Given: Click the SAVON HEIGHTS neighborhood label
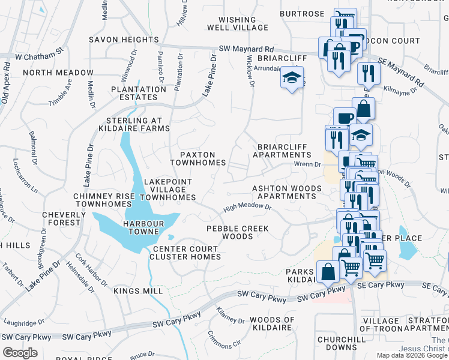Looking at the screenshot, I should [123, 40].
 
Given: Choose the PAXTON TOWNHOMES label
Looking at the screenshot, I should [197, 158].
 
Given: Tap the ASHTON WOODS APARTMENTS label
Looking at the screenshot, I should [287, 192].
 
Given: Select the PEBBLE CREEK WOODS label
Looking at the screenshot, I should [238, 232].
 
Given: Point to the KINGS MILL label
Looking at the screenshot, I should [137, 291].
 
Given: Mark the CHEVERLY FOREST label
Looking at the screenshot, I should [61, 218].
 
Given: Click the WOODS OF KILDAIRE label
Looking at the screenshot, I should [273, 324].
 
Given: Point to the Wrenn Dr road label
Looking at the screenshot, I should [309, 163].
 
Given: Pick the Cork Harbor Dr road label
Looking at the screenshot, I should [89, 269].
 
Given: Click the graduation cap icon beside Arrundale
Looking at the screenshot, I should [292, 78].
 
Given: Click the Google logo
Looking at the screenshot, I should [20, 353].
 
